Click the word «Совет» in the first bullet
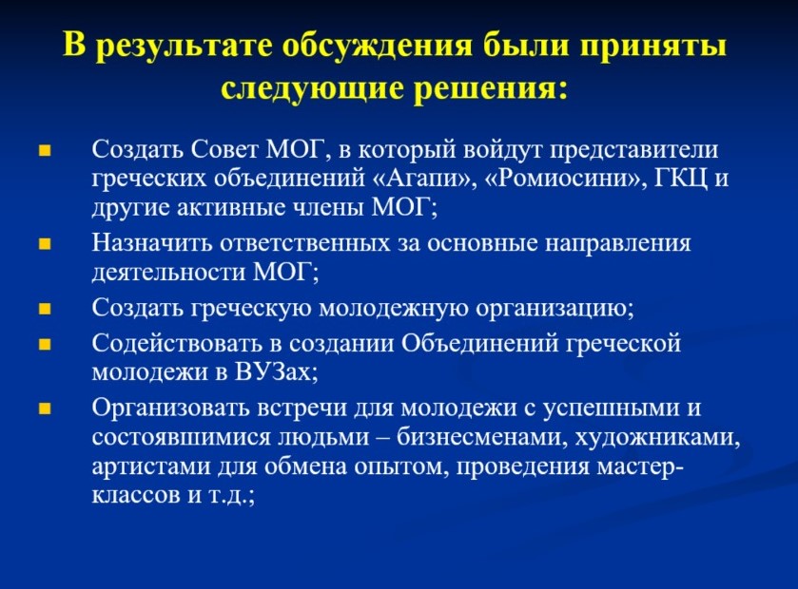226,150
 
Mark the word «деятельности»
168,273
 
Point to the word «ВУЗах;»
277,372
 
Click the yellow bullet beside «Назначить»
46,244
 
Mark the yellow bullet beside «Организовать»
46,408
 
